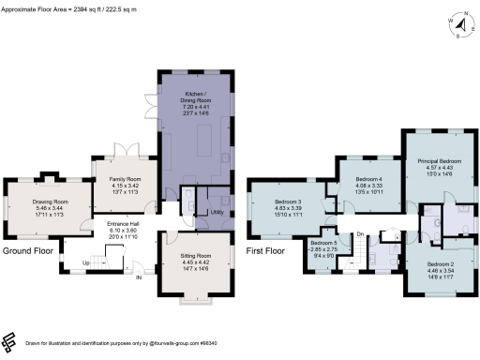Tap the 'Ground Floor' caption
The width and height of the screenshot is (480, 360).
click(x=27, y=251)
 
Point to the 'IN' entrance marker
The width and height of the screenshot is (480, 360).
click(x=140, y=277)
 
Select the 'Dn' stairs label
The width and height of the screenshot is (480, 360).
click(x=359, y=235)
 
